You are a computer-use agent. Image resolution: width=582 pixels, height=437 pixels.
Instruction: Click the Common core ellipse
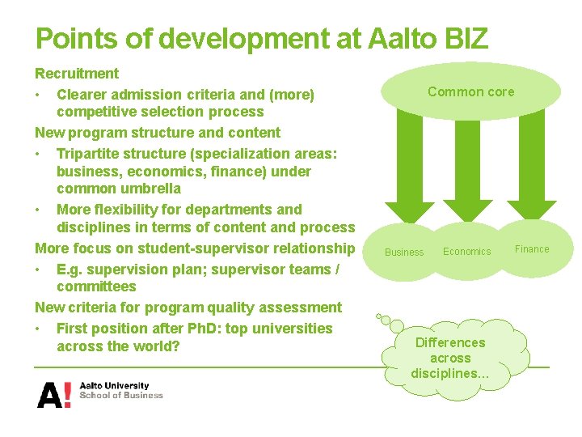470,91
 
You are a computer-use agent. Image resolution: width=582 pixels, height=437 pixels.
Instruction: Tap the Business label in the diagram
404,252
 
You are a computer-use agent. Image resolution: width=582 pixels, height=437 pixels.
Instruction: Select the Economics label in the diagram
466,252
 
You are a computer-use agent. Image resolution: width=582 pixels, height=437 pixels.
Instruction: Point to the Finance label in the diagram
532,249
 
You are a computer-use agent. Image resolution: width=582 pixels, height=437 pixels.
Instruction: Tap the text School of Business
121,396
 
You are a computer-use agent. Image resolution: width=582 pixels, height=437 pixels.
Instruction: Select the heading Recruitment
77,74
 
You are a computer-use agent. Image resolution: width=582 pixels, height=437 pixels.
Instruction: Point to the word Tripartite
91,154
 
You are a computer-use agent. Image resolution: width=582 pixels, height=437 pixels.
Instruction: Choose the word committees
96,286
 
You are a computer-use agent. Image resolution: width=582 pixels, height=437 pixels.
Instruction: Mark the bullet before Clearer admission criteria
38,95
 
